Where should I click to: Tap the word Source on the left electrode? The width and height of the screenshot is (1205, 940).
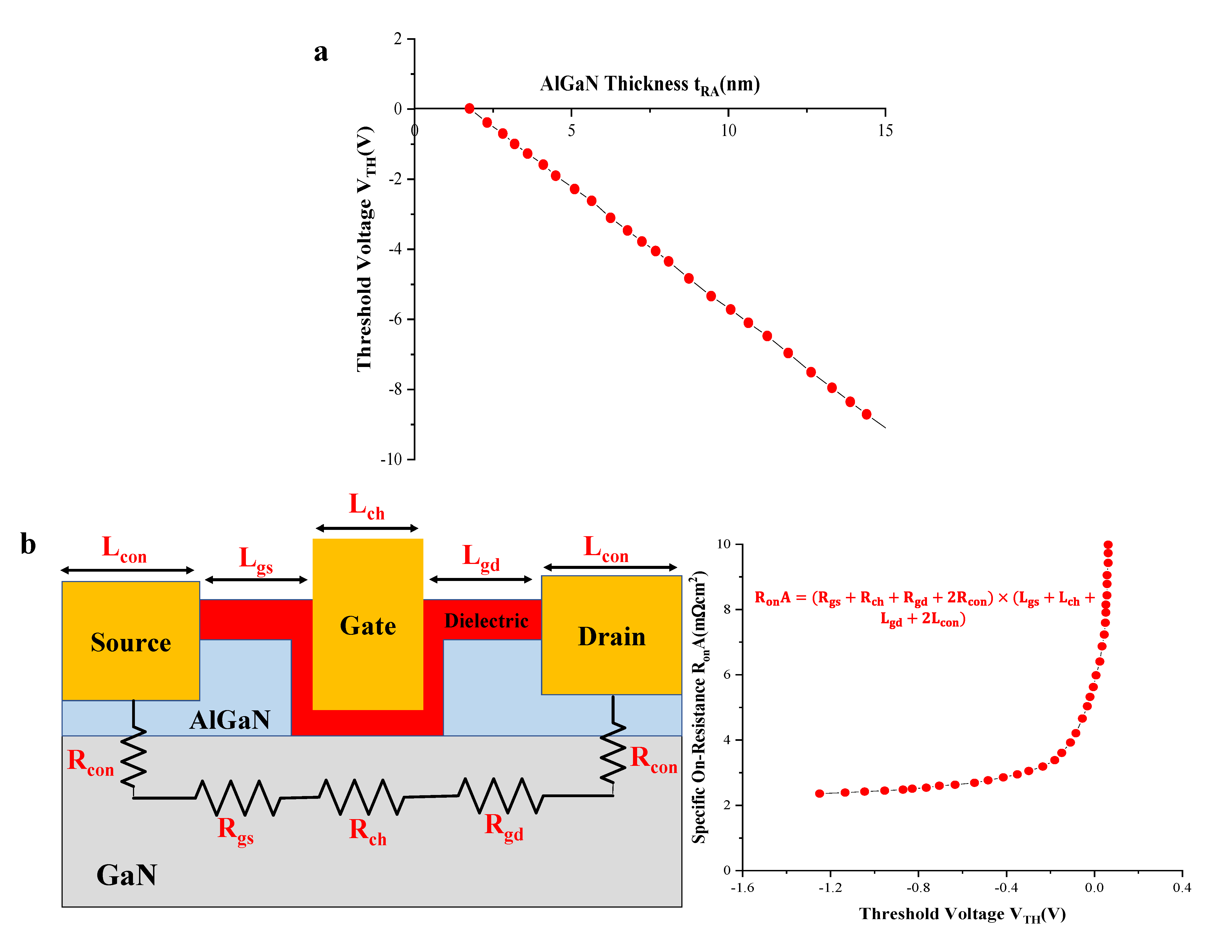(131, 643)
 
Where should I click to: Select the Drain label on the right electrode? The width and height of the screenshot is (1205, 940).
(611, 636)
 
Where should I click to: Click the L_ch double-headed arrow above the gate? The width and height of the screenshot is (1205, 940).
(367, 529)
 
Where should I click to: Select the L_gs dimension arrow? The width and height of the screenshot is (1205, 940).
(256, 580)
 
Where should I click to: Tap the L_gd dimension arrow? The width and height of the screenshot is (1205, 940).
(481, 579)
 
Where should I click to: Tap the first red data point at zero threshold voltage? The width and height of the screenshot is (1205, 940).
(469, 108)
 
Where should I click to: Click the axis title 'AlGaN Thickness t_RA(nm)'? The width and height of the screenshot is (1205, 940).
(649, 84)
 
